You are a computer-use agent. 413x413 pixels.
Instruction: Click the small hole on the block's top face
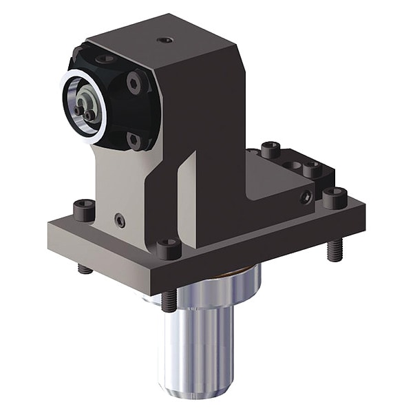[x=165, y=40]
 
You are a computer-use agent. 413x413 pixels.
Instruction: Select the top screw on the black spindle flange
[x=105, y=59]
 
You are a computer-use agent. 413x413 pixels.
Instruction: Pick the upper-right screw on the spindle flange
[x=136, y=83]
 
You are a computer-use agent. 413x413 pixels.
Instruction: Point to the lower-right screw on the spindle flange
[x=136, y=141]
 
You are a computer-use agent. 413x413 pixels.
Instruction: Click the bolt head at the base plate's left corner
[x=84, y=209]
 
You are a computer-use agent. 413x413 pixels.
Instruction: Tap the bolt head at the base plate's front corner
[x=168, y=247]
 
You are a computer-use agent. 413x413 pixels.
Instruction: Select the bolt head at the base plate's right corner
[x=335, y=198]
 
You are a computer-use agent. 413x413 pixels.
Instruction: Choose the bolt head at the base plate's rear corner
[x=271, y=149]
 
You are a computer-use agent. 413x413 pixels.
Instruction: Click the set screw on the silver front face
[x=120, y=220]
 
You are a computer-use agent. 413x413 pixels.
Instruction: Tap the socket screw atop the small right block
[x=313, y=169]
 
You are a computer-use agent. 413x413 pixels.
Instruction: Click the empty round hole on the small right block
[x=295, y=165]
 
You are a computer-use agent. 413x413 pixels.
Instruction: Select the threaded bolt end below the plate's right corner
[x=334, y=249]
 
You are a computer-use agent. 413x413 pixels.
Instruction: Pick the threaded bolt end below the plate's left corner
[x=85, y=268]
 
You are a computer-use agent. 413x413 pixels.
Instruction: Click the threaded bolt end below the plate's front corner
[x=169, y=301]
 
